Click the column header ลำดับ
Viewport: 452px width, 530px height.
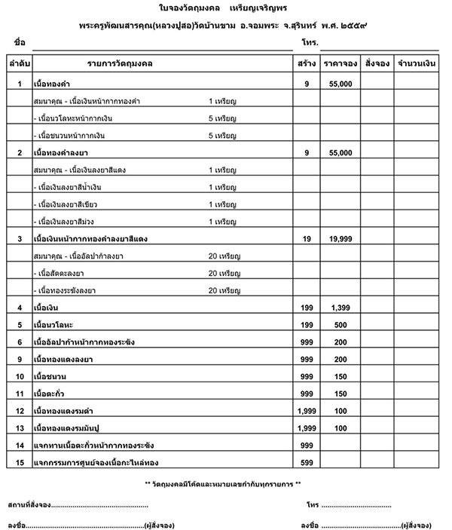[19, 65]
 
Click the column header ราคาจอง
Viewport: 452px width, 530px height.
[340, 65]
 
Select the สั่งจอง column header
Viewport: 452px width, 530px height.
[376, 65]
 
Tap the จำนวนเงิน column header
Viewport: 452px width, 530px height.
[417, 65]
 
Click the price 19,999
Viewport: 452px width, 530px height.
[341, 238]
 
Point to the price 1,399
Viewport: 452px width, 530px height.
[341, 308]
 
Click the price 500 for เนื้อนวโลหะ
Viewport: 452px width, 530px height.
[341, 325]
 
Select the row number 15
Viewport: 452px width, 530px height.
[20, 461]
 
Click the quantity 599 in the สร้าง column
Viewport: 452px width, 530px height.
[306, 461]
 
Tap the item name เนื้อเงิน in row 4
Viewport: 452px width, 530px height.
[47, 308]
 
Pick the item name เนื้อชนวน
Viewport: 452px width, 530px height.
[50, 376]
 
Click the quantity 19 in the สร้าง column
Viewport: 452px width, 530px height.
[307, 238]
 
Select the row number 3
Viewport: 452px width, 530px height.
[20, 238]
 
